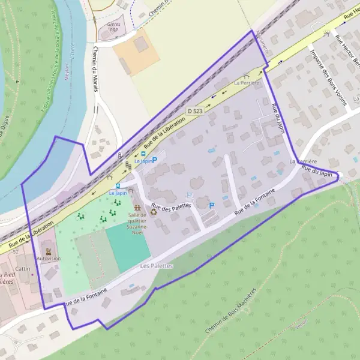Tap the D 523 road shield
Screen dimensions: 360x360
coord(194,111)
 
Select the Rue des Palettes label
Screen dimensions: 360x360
coord(171,206)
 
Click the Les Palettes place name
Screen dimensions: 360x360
coord(156,265)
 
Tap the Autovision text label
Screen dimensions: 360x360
coord(49,259)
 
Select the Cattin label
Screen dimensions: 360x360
coord(23,268)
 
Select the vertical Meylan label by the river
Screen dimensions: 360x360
coord(64,63)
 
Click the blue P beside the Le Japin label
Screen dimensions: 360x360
coord(155,160)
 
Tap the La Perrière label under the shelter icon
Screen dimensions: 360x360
coord(248,82)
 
